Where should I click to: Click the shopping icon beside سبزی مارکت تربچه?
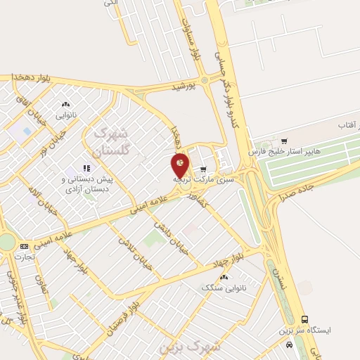(204, 169)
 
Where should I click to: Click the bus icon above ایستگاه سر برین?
(304, 319)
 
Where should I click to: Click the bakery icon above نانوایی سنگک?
(237, 276)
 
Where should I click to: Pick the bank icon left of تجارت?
(25, 246)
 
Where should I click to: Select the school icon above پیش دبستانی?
(86, 168)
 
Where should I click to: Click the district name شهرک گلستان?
(110, 142)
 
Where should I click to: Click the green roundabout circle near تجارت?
(6, 242)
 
